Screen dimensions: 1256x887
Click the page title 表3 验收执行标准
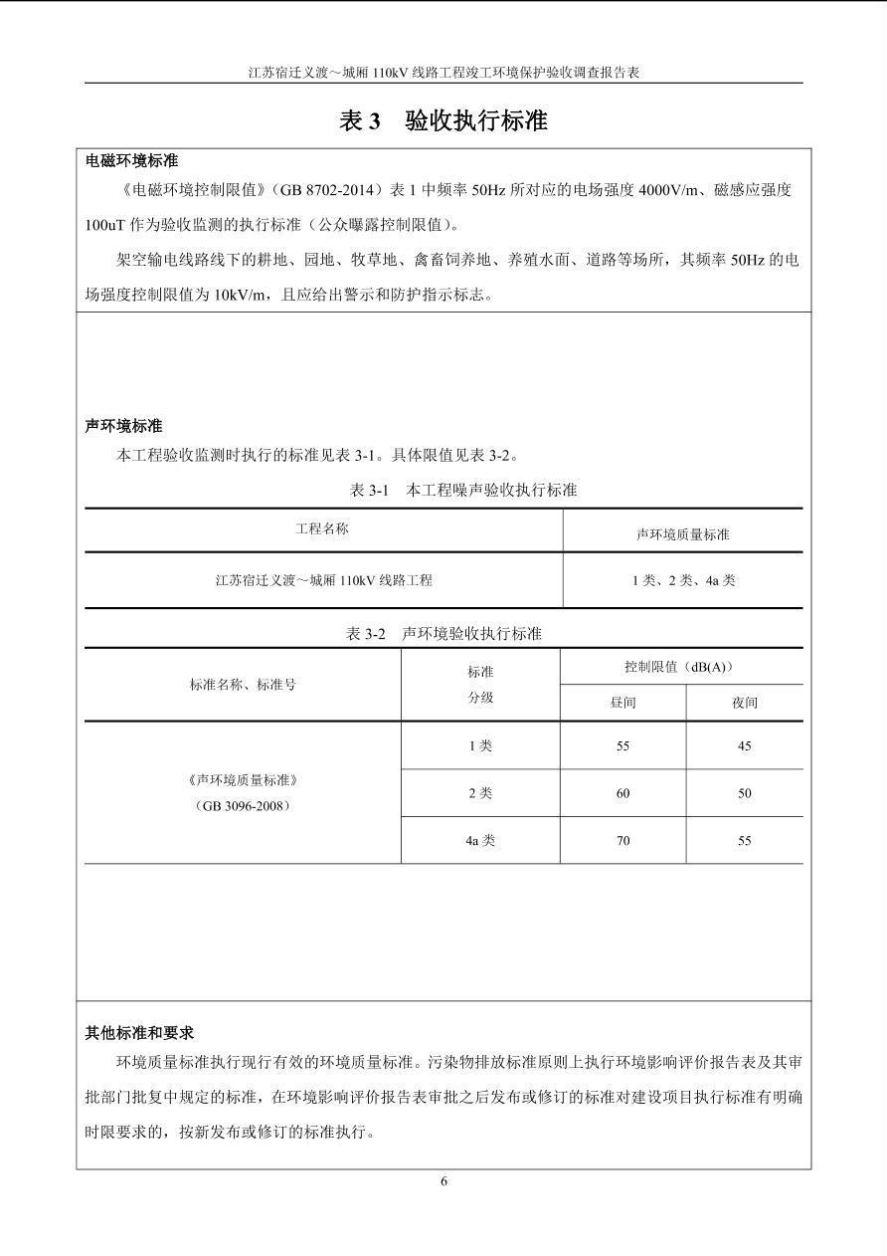point(443,121)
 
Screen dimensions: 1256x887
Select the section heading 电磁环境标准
point(132,160)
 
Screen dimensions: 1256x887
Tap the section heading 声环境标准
point(124,426)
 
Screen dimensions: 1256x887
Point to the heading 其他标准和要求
point(139,1033)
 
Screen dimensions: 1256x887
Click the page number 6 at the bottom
point(443,1181)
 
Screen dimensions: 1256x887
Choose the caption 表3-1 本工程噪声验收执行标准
point(463,490)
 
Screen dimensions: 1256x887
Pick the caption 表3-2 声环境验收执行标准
point(443,633)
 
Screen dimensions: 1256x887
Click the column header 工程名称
point(322,528)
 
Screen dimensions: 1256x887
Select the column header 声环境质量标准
point(682,534)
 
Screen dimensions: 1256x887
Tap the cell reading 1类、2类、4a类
point(683,580)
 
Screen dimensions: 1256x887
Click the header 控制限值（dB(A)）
point(681,667)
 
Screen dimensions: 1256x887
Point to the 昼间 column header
point(622,703)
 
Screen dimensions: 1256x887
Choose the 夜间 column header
point(745,703)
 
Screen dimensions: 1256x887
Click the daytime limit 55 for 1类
point(622,746)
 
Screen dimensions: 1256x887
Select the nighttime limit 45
point(745,746)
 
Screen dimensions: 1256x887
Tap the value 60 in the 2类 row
point(622,793)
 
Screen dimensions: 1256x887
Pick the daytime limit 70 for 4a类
point(622,841)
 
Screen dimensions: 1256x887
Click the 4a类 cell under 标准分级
point(480,841)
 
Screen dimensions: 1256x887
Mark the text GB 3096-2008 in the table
point(243,805)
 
